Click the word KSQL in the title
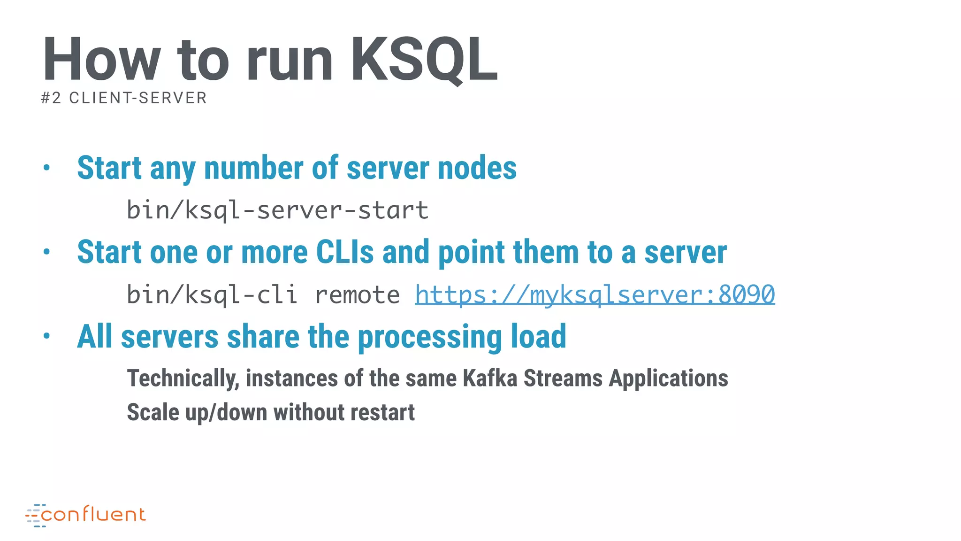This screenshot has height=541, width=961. point(424,60)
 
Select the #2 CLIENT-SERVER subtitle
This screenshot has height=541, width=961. point(124,98)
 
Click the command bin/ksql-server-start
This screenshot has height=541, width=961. point(277,210)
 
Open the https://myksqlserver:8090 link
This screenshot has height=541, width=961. point(595,295)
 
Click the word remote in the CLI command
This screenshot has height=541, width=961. point(357,295)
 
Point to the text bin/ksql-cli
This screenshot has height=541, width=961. point(212,295)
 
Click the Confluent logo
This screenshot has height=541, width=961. point(86,515)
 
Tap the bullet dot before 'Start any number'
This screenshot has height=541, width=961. point(46,168)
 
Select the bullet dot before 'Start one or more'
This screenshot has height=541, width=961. point(46,252)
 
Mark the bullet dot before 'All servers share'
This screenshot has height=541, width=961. point(46,336)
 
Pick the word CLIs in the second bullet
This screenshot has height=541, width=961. point(345,252)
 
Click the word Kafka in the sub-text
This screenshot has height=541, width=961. point(490,379)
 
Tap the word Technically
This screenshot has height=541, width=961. point(183,379)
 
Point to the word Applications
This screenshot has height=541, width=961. point(668,379)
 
